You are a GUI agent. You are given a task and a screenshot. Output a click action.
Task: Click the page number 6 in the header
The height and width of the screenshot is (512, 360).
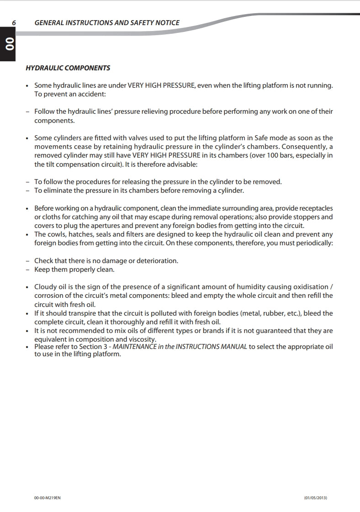point(14,23)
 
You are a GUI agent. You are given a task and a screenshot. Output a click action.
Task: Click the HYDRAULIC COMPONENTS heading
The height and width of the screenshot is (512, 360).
point(68,68)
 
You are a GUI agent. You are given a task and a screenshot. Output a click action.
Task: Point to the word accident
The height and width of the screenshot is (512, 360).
point(91,94)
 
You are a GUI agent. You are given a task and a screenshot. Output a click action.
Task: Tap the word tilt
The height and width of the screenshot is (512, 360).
point(52,164)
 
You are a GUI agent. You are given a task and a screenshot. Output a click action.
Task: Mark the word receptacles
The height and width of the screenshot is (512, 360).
point(314,208)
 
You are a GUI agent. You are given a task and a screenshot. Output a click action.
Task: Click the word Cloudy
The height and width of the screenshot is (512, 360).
point(46,287)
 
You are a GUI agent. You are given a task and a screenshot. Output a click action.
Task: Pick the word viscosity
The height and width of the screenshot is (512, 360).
point(141,339)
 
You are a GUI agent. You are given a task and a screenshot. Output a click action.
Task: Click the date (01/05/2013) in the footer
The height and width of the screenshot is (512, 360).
point(315,497)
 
